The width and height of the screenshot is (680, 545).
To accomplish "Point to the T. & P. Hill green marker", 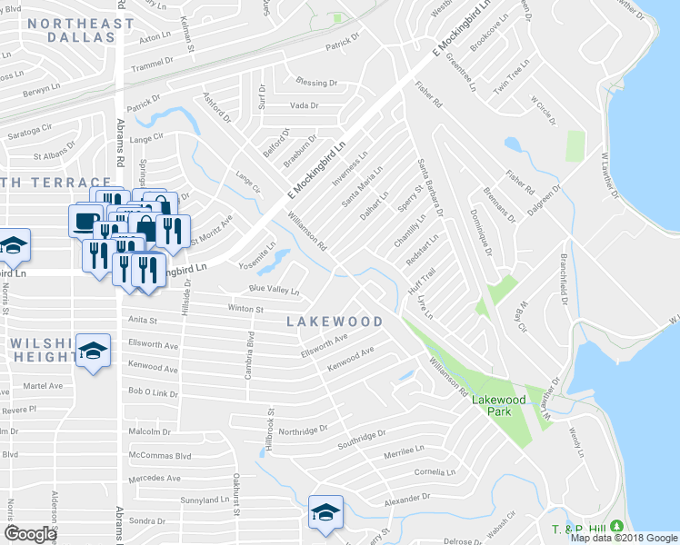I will click(617, 526).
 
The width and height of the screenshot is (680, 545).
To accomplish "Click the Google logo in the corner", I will click(30, 534).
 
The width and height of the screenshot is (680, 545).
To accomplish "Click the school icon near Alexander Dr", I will click(325, 512).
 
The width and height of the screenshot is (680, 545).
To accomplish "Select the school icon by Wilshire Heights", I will click(93, 352).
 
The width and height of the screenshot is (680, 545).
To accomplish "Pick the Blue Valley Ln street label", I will click(275, 290).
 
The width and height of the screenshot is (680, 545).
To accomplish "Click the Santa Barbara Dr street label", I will click(432, 187).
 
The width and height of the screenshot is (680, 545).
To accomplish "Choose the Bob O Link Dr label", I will click(153, 392).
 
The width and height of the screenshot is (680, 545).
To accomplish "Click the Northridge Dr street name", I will click(306, 431).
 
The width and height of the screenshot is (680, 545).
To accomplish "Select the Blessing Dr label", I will click(317, 83).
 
